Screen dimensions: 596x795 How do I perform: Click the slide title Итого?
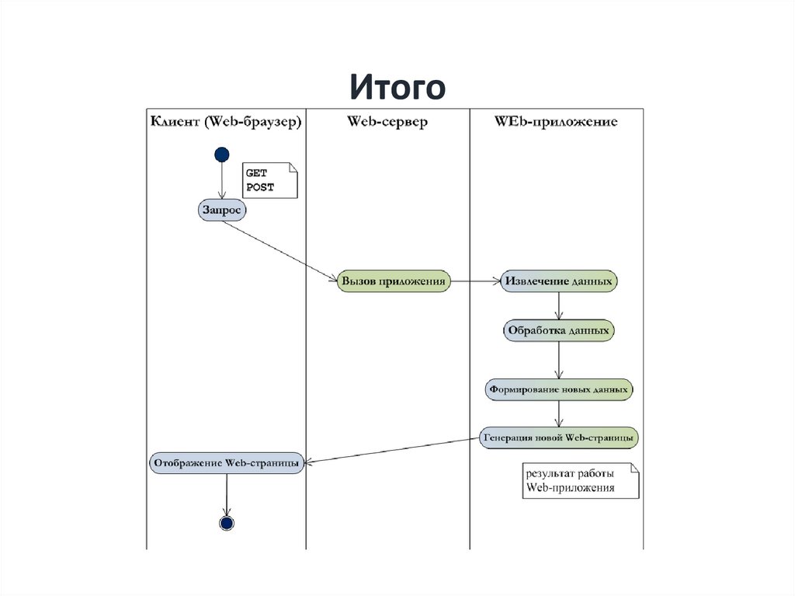pyautogui.click(x=397, y=87)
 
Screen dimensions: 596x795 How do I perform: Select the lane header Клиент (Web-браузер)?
pyautogui.click(x=225, y=122)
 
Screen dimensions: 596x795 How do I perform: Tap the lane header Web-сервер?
pyautogui.click(x=387, y=122)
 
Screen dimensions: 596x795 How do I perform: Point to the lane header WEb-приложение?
pyautogui.click(x=556, y=122)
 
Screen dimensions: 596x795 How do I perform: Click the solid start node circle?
pyautogui.click(x=222, y=154)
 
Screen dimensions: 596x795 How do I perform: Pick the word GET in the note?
pyautogui.click(x=256, y=175)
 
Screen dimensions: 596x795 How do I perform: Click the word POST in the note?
pyautogui.click(x=260, y=188)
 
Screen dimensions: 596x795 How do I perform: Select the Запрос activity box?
pyautogui.click(x=222, y=209)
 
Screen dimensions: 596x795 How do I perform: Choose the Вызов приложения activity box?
pyautogui.click(x=394, y=281)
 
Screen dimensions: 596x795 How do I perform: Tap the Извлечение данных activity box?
pyautogui.click(x=559, y=281)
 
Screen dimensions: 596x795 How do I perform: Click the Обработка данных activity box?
pyautogui.click(x=559, y=330)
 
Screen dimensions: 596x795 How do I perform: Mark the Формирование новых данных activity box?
pyautogui.click(x=559, y=388)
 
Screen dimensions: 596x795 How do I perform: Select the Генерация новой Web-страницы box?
pyautogui.click(x=559, y=437)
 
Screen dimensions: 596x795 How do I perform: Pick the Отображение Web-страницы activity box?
pyautogui.click(x=226, y=462)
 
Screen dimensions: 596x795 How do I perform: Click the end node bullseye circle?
pyautogui.click(x=227, y=522)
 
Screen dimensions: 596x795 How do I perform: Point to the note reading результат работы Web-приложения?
pyautogui.click(x=578, y=481)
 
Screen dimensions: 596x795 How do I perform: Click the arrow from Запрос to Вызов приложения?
pyautogui.click(x=279, y=247)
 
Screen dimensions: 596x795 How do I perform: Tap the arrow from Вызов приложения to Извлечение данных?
pyautogui.click(x=476, y=281)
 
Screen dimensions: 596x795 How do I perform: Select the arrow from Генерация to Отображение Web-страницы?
pyautogui.click(x=392, y=450)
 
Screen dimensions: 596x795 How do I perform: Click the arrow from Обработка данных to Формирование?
pyautogui.click(x=559, y=359)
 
